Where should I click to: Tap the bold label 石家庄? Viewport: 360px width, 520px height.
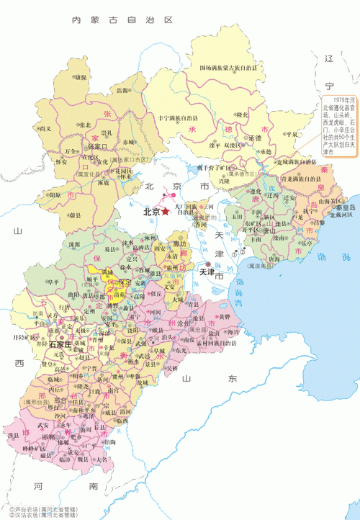pyautogui.click(x=62, y=346)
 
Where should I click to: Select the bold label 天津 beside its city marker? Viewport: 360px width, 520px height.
pyautogui.click(x=207, y=273)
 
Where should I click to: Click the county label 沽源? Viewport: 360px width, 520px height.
pyautogui.click(x=124, y=91)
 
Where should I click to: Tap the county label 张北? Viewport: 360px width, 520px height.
pyautogui.click(x=85, y=124)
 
